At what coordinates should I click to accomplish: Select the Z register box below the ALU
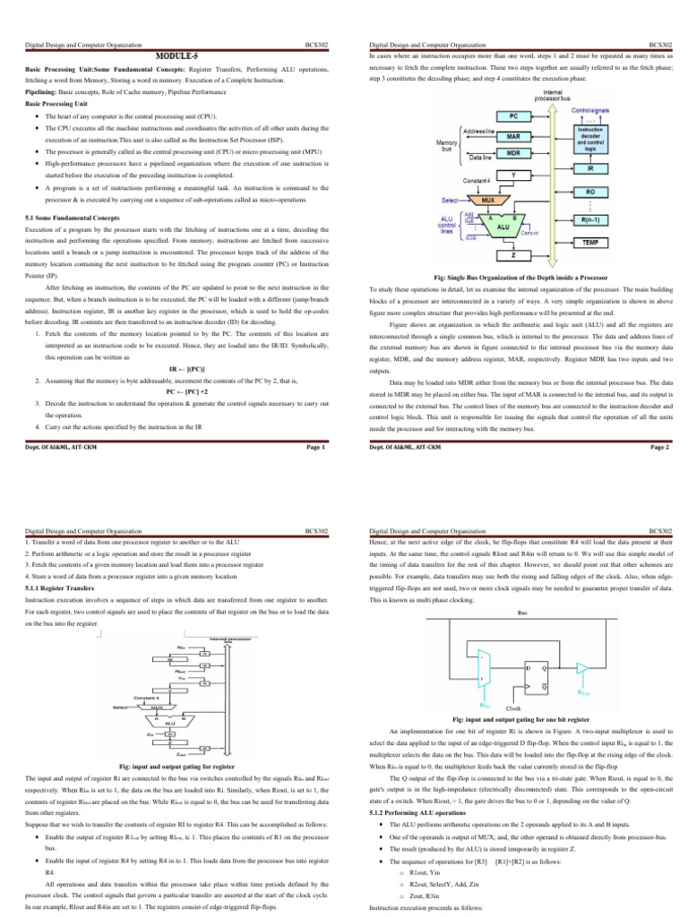pos(513,255)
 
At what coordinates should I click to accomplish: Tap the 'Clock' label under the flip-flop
pos(514,708)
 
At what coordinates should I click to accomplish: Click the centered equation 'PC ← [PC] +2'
pos(186,391)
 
